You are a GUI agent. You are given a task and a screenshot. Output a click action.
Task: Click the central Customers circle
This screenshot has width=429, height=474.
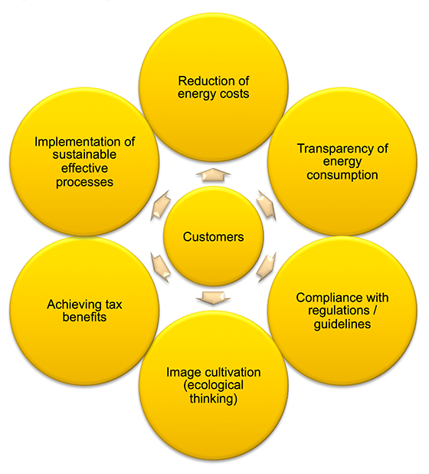point(213,236)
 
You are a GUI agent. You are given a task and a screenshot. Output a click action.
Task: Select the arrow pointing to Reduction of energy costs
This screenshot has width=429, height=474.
point(213,175)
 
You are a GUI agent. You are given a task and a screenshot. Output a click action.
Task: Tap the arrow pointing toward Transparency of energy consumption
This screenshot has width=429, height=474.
point(267,205)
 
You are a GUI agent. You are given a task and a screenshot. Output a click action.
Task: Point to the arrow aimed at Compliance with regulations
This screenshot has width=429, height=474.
point(267,267)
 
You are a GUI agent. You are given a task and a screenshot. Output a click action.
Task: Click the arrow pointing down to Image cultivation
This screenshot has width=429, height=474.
point(213,298)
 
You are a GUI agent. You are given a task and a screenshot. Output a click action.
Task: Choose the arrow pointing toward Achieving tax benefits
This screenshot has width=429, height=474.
point(160,267)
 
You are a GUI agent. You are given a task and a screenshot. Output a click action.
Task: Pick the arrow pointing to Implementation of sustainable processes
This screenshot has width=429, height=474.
point(160,205)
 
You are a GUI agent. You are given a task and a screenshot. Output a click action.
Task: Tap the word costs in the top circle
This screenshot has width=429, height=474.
point(234,94)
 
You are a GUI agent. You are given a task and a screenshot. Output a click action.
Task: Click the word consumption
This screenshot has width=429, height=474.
point(342,175)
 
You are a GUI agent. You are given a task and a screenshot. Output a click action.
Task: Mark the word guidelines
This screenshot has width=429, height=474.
point(342,324)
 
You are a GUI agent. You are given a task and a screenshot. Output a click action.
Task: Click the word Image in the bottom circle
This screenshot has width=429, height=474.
point(181,373)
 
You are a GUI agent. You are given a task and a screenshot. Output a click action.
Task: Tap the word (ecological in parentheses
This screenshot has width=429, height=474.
point(213,386)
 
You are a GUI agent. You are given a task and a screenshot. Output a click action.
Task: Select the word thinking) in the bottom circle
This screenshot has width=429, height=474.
point(213,398)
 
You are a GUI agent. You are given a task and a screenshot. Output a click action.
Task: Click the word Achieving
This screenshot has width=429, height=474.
point(70,304)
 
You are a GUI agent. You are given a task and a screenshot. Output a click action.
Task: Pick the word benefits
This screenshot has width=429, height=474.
point(84,317)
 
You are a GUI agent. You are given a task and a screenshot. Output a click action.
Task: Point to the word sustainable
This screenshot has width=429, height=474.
point(84,154)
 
